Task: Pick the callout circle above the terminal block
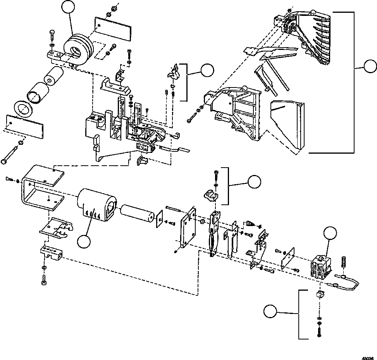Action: point(330,233)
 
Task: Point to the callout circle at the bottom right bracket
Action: point(271,312)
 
